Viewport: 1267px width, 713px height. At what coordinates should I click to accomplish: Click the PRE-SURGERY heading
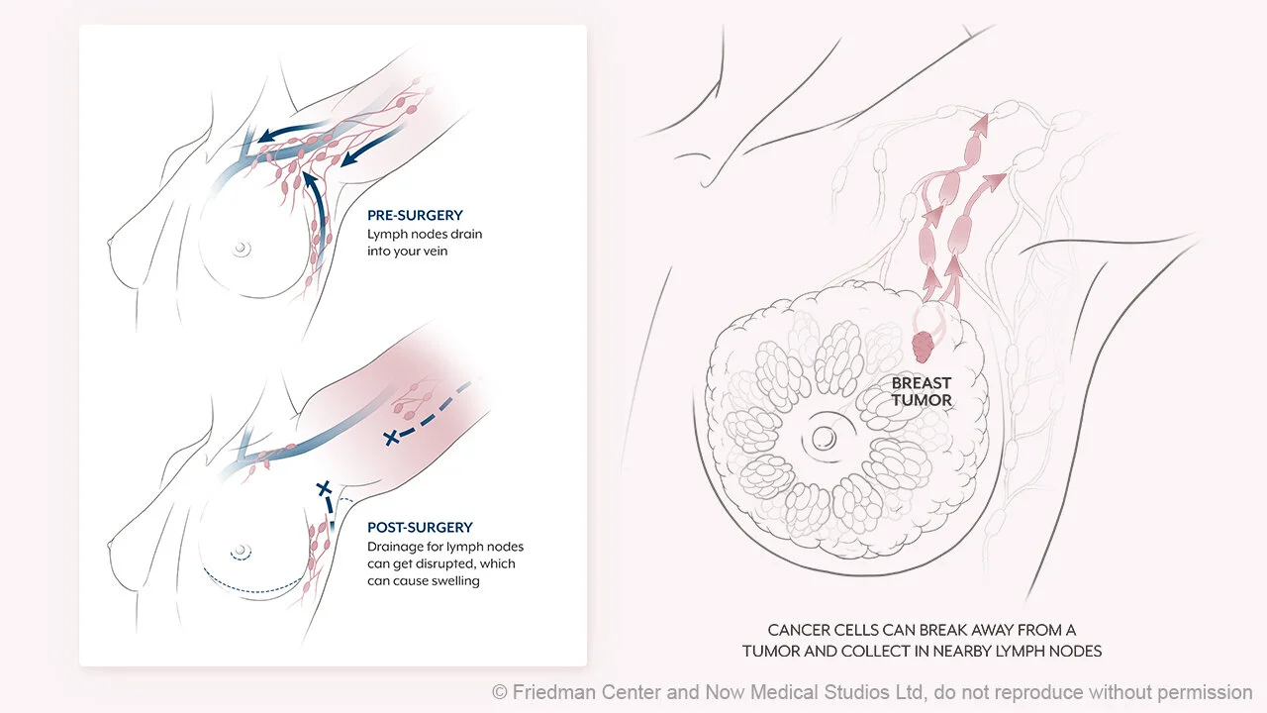tap(415, 215)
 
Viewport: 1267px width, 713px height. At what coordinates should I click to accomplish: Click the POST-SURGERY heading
tap(420, 528)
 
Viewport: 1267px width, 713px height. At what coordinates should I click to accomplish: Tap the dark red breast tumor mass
tap(923, 347)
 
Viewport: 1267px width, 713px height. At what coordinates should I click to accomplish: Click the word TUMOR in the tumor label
tap(922, 400)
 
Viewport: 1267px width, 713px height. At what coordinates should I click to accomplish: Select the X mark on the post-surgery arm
tap(393, 436)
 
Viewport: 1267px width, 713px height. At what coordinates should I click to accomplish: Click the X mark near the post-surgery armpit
tap(322, 487)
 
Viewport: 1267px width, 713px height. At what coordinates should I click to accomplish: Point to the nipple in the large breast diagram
tap(824, 437)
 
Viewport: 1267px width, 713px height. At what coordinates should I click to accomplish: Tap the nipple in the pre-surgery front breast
tap(241, 250)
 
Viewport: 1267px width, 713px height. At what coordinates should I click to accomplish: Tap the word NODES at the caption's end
tap(1076, 651)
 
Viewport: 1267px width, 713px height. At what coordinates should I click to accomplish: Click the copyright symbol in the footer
tap(500, 692)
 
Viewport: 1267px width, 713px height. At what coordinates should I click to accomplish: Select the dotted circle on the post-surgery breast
tap(243, 552)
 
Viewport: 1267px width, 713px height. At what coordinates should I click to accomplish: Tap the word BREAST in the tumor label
tap(922, 383)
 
